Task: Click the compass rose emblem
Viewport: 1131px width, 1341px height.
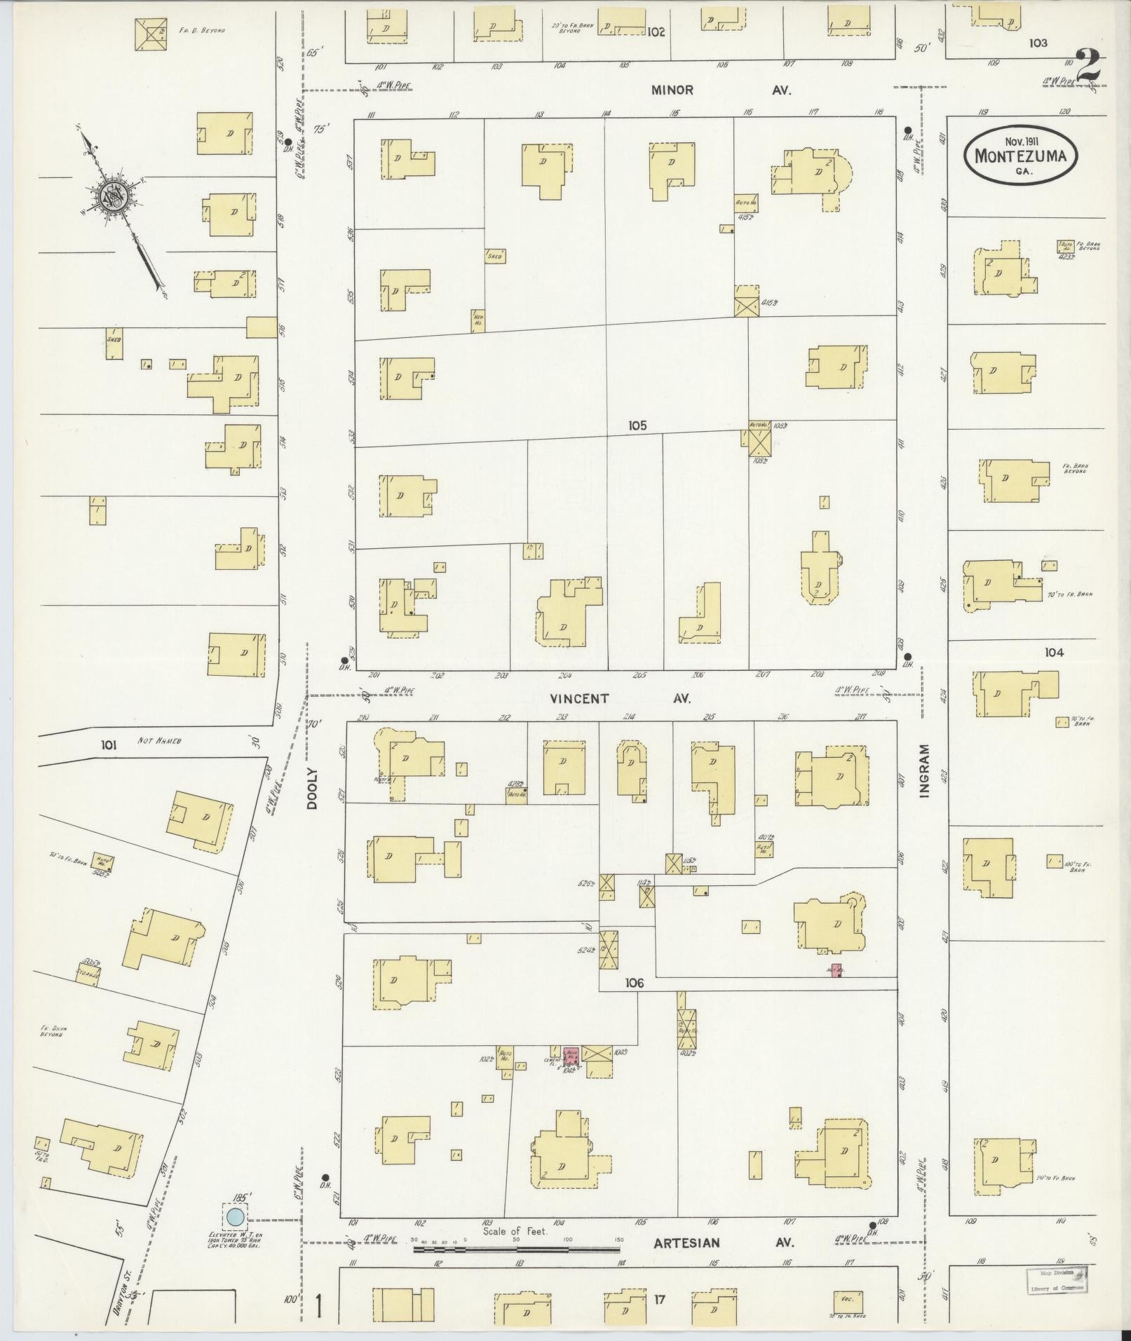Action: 113,196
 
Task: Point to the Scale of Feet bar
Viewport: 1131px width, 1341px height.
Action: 515,1249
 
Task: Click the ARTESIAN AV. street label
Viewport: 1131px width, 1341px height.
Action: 723,1243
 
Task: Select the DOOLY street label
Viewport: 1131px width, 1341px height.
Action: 312,788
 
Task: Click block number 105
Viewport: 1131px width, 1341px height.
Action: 637,425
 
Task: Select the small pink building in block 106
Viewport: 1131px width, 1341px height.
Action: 834,970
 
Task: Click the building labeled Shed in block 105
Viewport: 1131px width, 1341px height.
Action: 494,256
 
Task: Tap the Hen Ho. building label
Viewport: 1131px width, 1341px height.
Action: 478,321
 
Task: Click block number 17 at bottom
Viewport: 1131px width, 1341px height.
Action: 659,1300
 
